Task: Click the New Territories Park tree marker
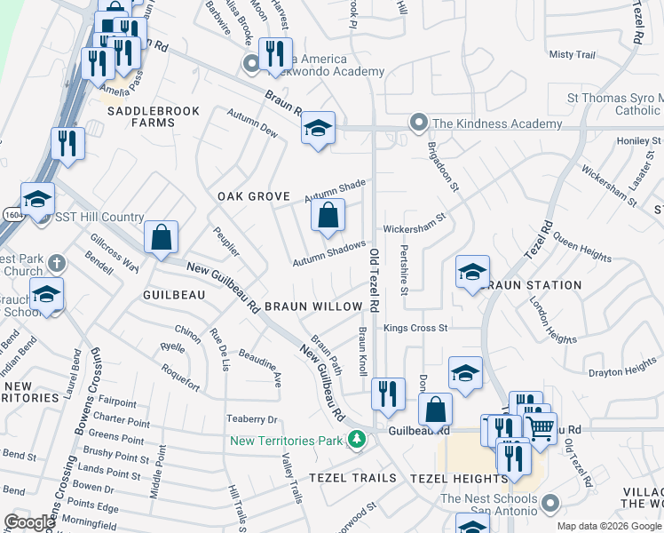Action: [x=356, y=440]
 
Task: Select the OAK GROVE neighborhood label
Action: [x=255, y=195]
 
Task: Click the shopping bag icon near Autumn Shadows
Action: [x=328, y=216]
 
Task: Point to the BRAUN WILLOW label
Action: [x=313, y=306]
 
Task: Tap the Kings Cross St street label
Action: [x=415, y=328]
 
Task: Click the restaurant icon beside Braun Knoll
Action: [x=388, y=394]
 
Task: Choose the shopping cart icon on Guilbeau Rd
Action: [x=541, y=430]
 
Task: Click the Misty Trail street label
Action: [x=572, y=55]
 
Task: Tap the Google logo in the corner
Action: [x=29, y=522]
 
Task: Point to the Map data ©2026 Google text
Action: [x=608, y=526]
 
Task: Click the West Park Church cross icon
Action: [x=56, y=263]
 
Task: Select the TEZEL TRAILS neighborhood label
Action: [x=352, y=478]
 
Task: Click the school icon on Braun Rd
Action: [x=317, y=129]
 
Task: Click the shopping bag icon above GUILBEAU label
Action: [x=161, y=237]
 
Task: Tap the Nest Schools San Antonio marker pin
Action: [x=550, y=505]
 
